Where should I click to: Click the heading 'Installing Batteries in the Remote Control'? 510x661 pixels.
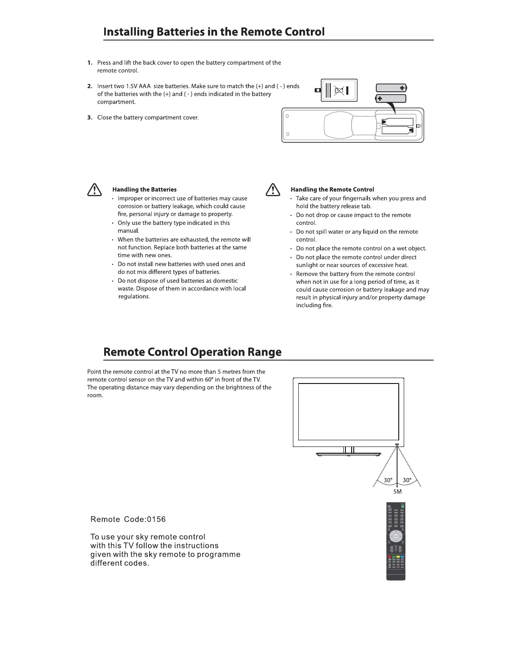coord(214,32)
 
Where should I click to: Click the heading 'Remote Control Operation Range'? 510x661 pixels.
coord(192,352)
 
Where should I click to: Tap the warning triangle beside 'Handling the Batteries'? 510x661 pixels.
coord(95,190)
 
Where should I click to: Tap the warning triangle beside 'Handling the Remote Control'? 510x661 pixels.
coord(272,190)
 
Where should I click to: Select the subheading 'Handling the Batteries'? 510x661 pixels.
coord(144,189)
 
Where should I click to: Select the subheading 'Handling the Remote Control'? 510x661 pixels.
coord(332,189)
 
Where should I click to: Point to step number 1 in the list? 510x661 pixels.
coord(90,63)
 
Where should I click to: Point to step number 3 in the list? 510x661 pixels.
coord(90,118)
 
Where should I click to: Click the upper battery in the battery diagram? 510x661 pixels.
coord(391,88)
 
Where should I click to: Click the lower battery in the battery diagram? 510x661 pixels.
coord(390,99)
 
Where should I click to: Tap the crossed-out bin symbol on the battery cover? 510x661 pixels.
coord(340,90)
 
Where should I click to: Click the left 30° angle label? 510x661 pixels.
coord(388,480)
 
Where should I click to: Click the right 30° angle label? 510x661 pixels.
coord(407,480)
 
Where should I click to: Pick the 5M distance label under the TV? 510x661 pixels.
coord(397,492)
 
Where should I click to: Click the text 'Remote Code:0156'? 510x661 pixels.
coord(128,520)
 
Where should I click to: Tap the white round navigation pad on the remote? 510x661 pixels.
coord(395,536)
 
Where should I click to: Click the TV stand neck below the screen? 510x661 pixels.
coord(349,450)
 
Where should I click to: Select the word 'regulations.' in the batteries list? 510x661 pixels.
coord(134,297)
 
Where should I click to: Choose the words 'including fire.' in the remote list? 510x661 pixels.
coord(314,305)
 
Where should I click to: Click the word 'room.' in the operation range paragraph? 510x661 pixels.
coord(95,396)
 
